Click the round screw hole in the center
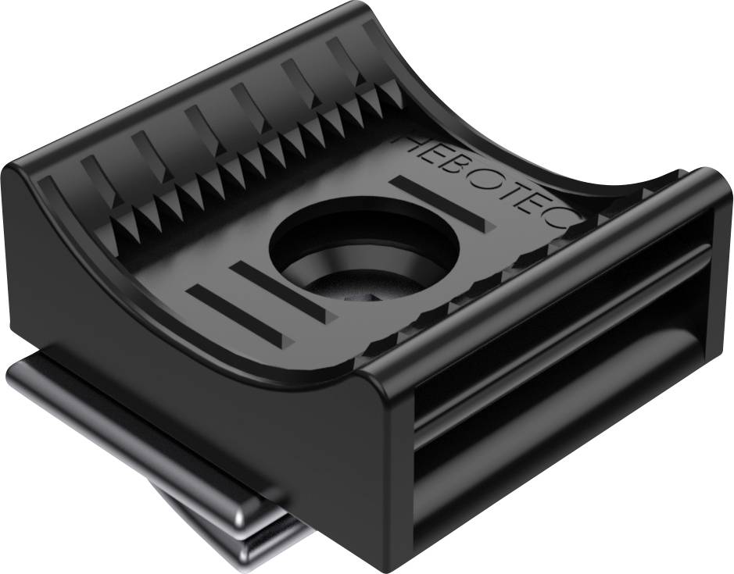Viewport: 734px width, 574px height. [x=363, y=250]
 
